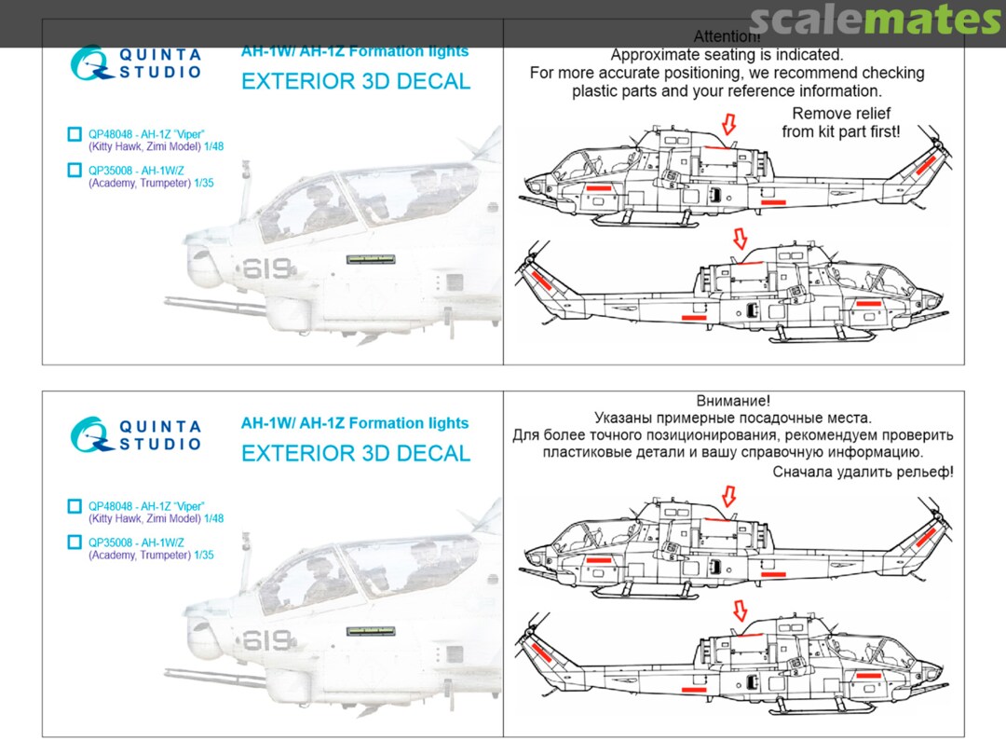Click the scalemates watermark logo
tap(876, 21)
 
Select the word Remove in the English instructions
tap(872, 112)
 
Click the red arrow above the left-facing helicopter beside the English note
tap(728, 123)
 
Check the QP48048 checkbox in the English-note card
tap(75, 134)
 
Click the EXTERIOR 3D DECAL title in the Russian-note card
tap(356, 453)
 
